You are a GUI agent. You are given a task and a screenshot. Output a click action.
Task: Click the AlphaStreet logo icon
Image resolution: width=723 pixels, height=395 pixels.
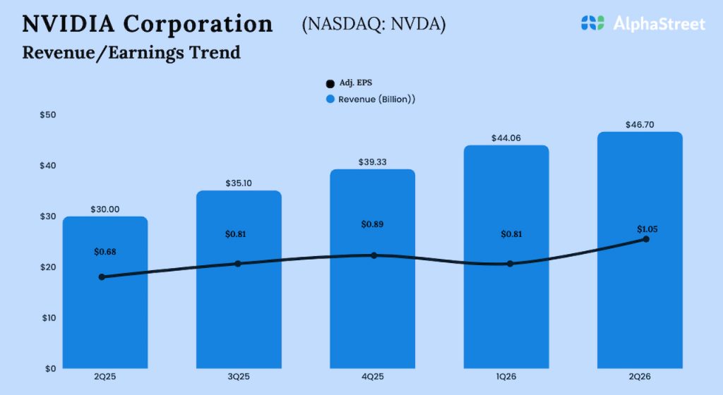coord(592,23)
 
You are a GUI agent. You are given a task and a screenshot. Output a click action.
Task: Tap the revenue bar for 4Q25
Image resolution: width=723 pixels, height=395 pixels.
coord(374,310)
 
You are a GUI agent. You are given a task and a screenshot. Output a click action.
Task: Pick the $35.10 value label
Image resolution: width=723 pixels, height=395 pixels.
coord(238,183)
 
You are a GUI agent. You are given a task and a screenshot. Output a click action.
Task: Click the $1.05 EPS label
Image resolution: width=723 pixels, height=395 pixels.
coord(645,229)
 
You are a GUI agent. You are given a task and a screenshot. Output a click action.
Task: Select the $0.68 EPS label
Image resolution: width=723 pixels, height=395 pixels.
coord(106,252)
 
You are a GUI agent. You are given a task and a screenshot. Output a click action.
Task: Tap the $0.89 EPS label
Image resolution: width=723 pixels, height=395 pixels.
coord(374,224)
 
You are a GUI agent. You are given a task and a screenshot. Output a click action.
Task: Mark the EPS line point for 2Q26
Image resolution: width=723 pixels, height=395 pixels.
coord(645,240)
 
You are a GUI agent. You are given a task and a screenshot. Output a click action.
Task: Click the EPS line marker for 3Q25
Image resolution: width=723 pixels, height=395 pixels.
coord(238,264)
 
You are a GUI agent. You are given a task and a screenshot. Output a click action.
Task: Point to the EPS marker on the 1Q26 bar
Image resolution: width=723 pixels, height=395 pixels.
coord(510,264)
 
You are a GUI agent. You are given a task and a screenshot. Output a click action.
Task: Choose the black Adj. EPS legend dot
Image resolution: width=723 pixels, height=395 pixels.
coord(328,83)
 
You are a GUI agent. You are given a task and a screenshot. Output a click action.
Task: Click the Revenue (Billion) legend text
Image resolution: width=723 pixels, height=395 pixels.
coord(376,99)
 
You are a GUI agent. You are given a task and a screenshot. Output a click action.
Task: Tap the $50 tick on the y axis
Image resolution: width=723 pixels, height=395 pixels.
coord(49,115)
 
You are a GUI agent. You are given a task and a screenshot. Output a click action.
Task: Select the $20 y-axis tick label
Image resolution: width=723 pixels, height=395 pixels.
coord(49,267)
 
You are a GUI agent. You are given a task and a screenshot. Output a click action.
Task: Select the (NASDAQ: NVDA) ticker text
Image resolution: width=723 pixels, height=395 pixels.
coord(374,24)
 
